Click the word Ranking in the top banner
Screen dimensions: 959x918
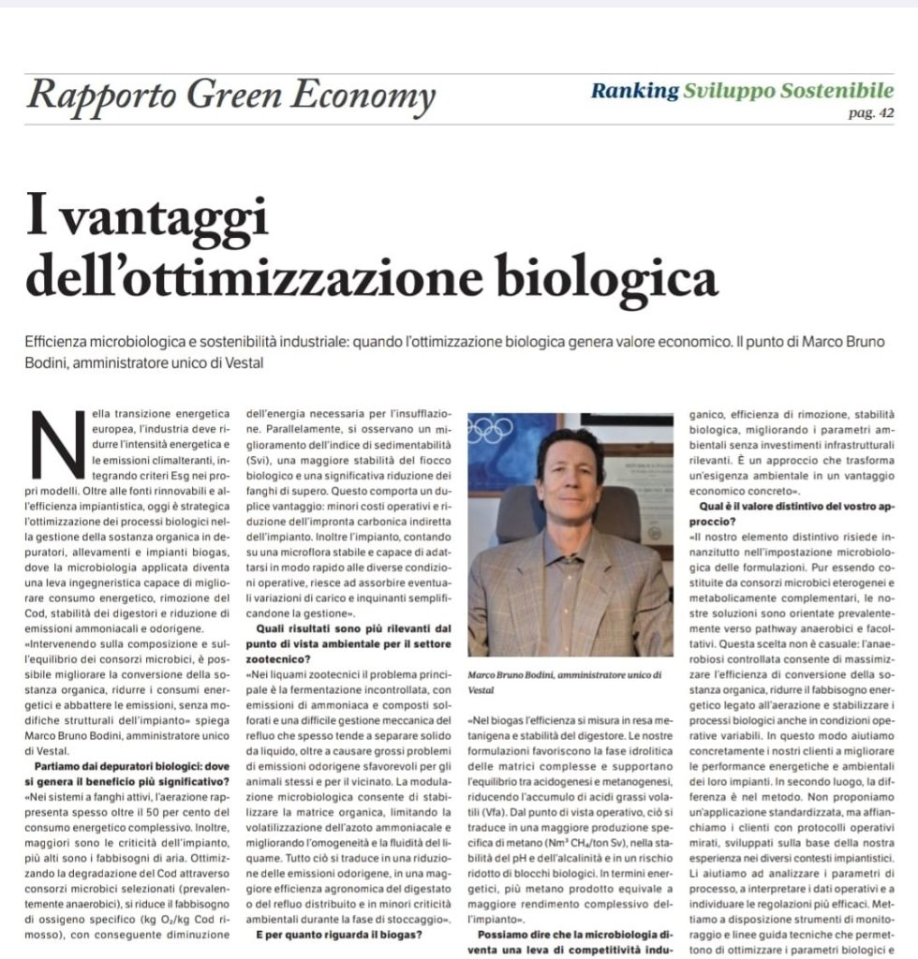[x=634, y=91]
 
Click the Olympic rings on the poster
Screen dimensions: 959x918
[x=490, y=430]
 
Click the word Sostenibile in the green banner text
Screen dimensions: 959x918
[x=833, y=91]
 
